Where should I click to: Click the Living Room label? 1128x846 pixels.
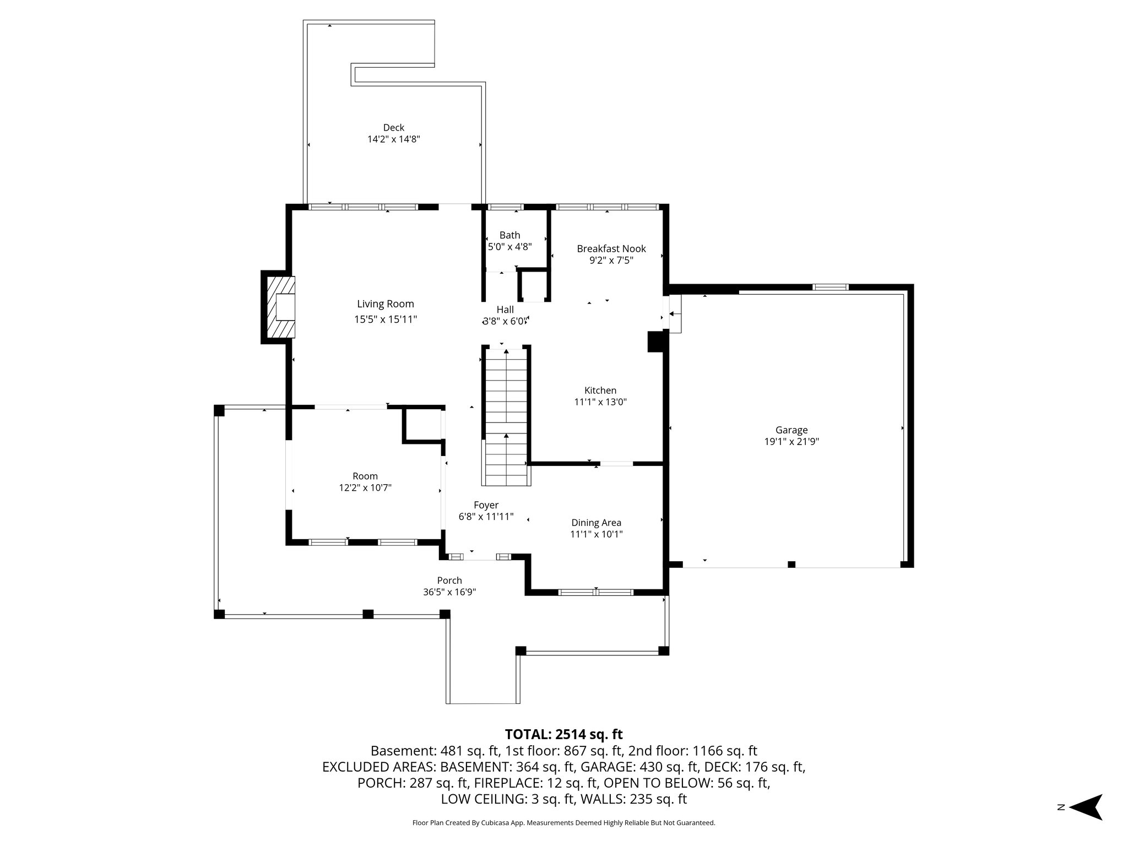pos(385,304)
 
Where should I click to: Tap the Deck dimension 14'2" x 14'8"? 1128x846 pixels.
pos(393,139)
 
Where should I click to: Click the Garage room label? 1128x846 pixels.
pos(791,430)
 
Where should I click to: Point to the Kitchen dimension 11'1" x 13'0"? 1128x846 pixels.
pos(600,402)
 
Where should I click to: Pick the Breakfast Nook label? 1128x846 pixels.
pos(611,248)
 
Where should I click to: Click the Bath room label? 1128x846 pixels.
pos(509,235)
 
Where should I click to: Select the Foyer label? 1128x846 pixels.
pos(486,505)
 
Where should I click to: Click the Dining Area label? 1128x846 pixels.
pos(596,523)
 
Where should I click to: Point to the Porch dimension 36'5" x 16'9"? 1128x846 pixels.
pos(449,592)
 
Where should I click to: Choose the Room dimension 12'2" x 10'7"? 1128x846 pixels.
pos(365,487)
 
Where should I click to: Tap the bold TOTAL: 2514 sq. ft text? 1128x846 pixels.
pos(563,734)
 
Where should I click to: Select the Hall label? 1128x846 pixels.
pos(505,310)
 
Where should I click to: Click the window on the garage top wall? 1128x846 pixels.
pos(831,287)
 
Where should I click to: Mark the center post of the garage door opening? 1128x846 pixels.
pos(791,564)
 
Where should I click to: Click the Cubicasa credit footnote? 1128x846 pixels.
pos(563,823)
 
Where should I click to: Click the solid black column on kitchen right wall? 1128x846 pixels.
pos(655,341)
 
